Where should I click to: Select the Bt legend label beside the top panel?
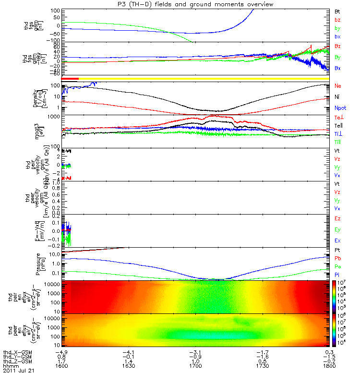click(x=337, y=11)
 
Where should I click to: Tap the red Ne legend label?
click(x=337, y=85)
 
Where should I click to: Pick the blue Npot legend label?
click(x=339, y=108)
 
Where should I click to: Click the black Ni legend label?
click(x=337, y=97)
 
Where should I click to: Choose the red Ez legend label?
click(x=337, y=218)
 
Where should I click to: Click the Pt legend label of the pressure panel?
click(x=337, y=251)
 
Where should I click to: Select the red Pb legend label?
click(x=337, y=259)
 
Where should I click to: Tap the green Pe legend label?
click(x=337, y=267)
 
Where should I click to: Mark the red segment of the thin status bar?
click(x=70, y=78)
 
